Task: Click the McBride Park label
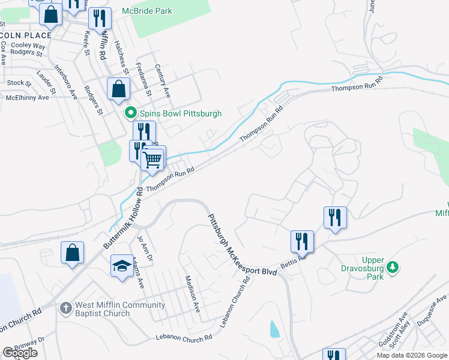(146, 11)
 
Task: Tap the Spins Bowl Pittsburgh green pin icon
(130, 113)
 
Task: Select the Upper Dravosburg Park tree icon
(393, 267)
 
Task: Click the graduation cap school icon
(122, 266)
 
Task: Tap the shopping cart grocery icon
(152, 159)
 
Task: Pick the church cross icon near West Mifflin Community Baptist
(65, 308)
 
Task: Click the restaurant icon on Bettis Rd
(302, 241)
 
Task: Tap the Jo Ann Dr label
(142, 247)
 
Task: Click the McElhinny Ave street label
(27, 97)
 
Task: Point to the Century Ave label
(163, 81)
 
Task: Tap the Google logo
(20, 353)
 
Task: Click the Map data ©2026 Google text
(412, 355)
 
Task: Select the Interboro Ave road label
(65, 82)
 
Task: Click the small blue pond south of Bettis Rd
(274, 328)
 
